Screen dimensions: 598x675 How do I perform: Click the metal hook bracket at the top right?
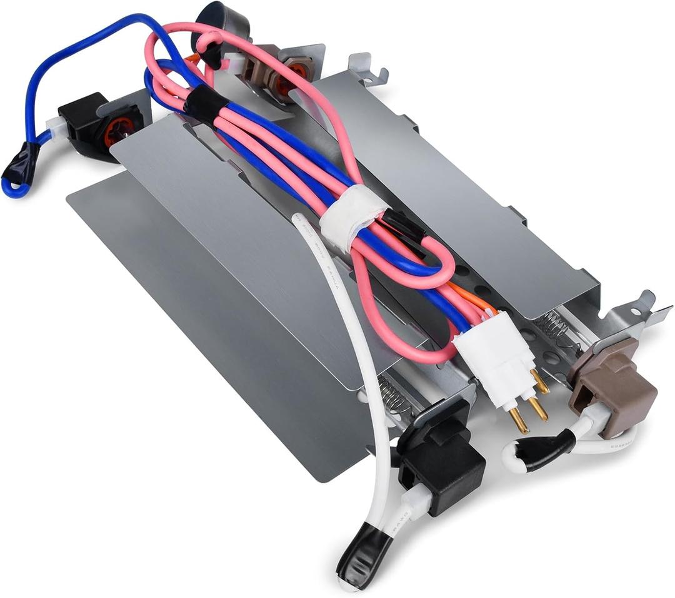[369, 69]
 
